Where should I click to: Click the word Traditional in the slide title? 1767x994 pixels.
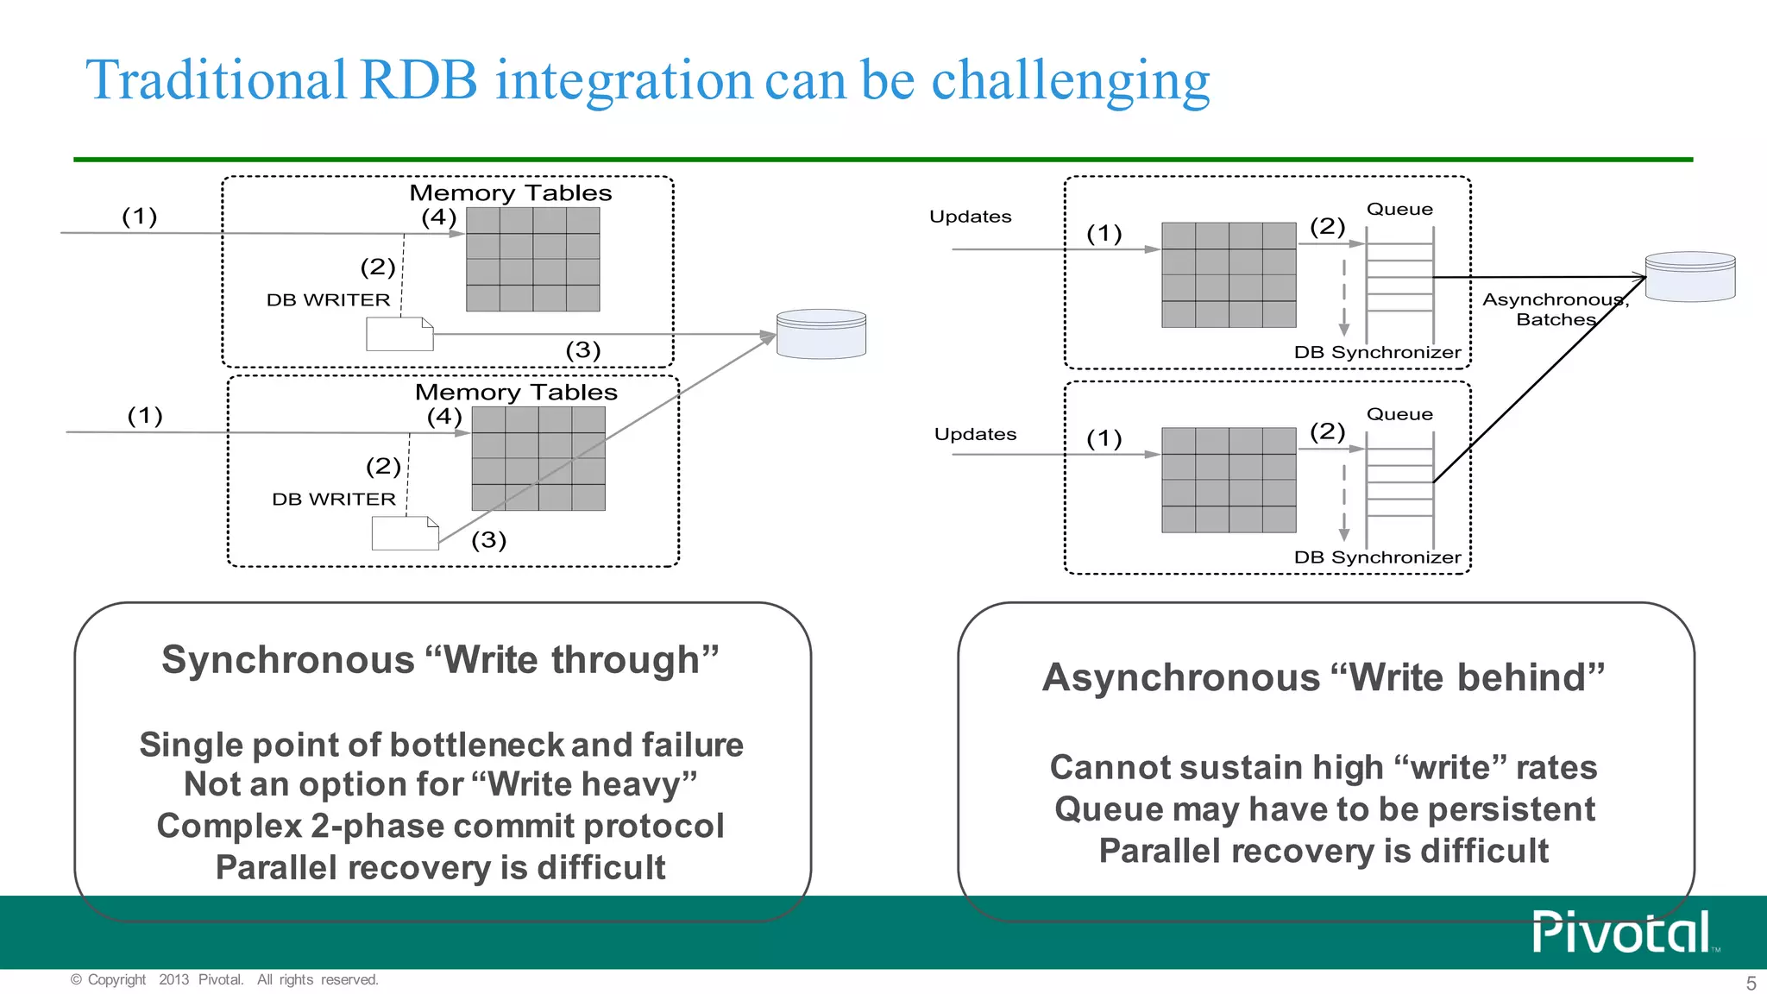point(216,80)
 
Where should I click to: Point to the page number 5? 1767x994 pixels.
point(1751,983)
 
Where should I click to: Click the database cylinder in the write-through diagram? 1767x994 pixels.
point(821,334)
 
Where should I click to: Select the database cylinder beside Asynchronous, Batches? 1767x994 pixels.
point(1689,276)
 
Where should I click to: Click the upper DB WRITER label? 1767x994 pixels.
point(328,300)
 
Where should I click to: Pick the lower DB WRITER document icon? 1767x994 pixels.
point(405,533)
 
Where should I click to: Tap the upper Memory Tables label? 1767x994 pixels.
point(510,193)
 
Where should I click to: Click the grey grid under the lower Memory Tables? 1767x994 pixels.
point(538,458)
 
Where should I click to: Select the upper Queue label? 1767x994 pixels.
point(1399,210)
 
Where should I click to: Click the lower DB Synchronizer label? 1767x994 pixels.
point(1377,557)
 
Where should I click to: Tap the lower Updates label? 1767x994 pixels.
point(975,434)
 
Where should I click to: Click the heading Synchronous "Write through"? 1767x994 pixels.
point(440,660)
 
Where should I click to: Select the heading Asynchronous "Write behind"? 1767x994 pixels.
point(1324,677)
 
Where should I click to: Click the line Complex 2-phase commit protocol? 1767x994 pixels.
point(440,826)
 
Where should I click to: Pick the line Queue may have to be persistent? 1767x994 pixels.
point(1324,809)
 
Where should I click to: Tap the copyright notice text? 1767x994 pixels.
point(224,979)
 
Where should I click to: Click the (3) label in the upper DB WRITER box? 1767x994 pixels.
point(582,350)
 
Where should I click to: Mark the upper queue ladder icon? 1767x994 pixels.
point(1399,285)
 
